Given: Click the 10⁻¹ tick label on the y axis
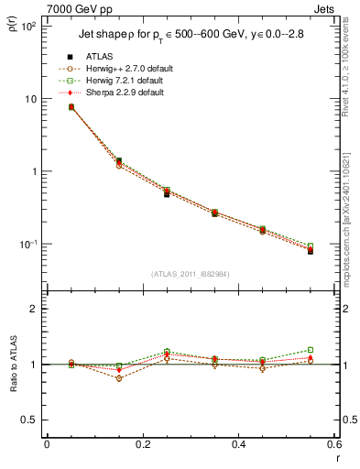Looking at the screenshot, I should pyautogui.click(x=28, y=245).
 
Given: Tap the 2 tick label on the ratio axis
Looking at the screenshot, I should pyautogui.click(x=36, y=310).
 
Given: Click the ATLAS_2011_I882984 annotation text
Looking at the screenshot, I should pyautogui.click(x=191, y=274).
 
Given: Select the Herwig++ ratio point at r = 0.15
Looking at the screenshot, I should pyautogui.click(x=119, y=378).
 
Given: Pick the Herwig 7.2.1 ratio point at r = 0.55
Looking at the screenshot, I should pyautogui.click(x=311, y=350).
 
